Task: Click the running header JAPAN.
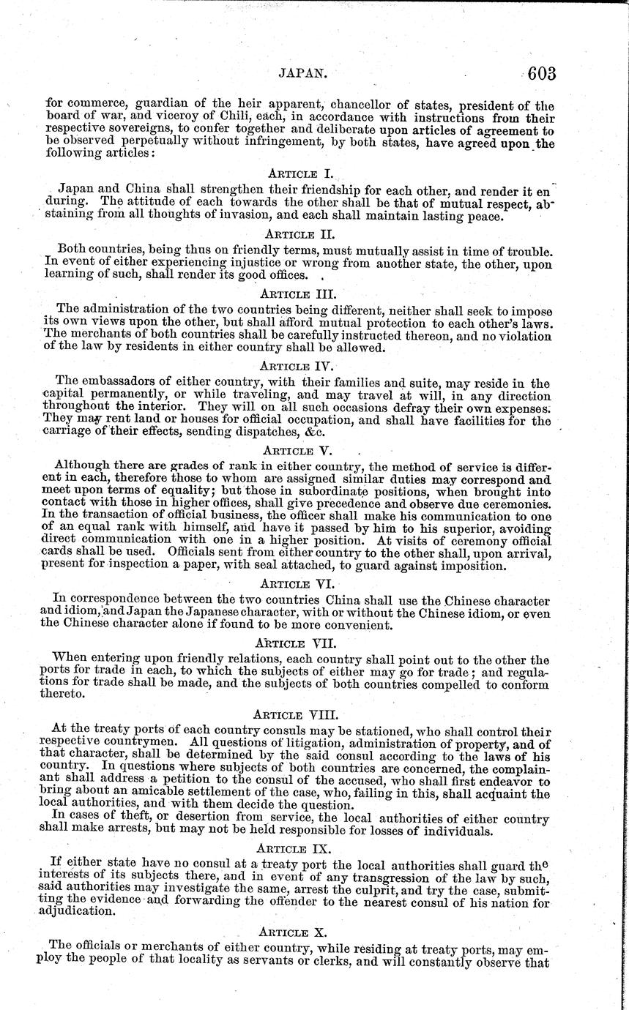(302, 74)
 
